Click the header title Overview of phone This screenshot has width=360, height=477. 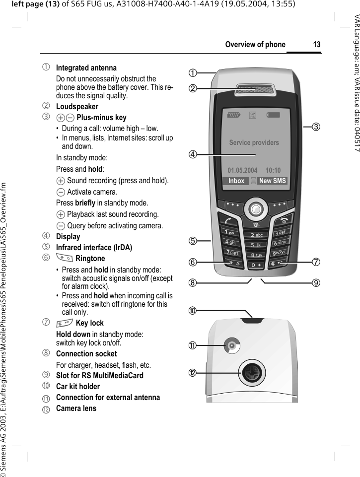(x=255, y=45)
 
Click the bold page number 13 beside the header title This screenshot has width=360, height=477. (x=316, y=45)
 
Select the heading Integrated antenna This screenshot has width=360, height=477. (x=86, y=68)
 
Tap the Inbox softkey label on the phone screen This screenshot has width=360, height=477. (x=236, y=181)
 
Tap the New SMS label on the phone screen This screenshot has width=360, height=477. (x=273, y=181)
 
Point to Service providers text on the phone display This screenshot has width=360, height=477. (x=254, y=143)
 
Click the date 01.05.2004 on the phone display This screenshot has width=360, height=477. (x=242, y=170)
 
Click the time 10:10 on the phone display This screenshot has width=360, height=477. (x=273, y=170)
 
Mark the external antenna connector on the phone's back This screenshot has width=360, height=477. (x=231, y=345)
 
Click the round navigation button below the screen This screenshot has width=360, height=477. (x=255, y=209)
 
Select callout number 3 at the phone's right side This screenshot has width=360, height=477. (x=316, y=127)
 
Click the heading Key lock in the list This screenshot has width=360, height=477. (x=90, y=323)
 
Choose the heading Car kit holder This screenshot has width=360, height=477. (x=78, y=387)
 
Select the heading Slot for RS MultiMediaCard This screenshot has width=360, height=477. (x=100, y=376)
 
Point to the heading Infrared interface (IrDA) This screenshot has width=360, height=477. (x=94, y=248)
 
